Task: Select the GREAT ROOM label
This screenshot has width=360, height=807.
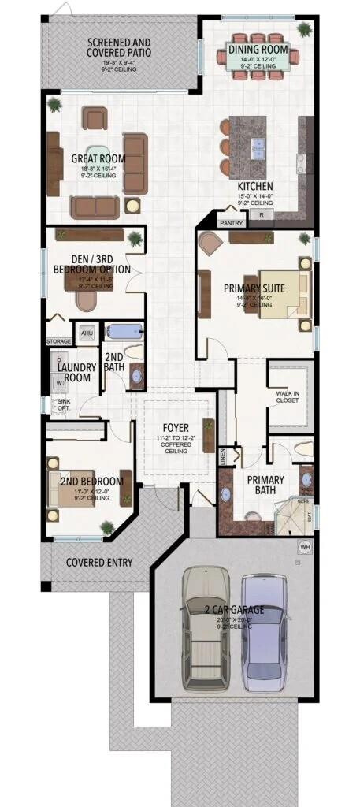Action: (98, 158)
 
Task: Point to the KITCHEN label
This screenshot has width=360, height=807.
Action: (255, 187)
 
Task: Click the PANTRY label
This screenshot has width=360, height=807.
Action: (232, 223)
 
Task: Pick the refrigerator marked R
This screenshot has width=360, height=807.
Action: (261, 214)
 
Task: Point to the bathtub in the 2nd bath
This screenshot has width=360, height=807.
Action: (123, 331)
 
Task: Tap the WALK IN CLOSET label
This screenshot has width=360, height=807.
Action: (289, 396)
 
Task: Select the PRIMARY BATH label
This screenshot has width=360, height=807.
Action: (265, 484)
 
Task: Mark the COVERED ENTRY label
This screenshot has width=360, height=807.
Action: (99, 563)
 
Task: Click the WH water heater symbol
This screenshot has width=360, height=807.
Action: (303, 546)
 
